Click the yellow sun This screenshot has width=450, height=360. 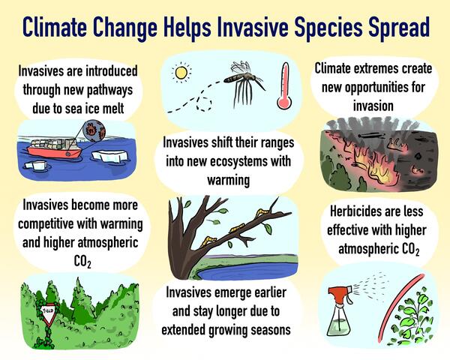(180, 73)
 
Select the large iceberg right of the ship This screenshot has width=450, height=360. (112, 155)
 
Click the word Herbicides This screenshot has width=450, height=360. (348, 214)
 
